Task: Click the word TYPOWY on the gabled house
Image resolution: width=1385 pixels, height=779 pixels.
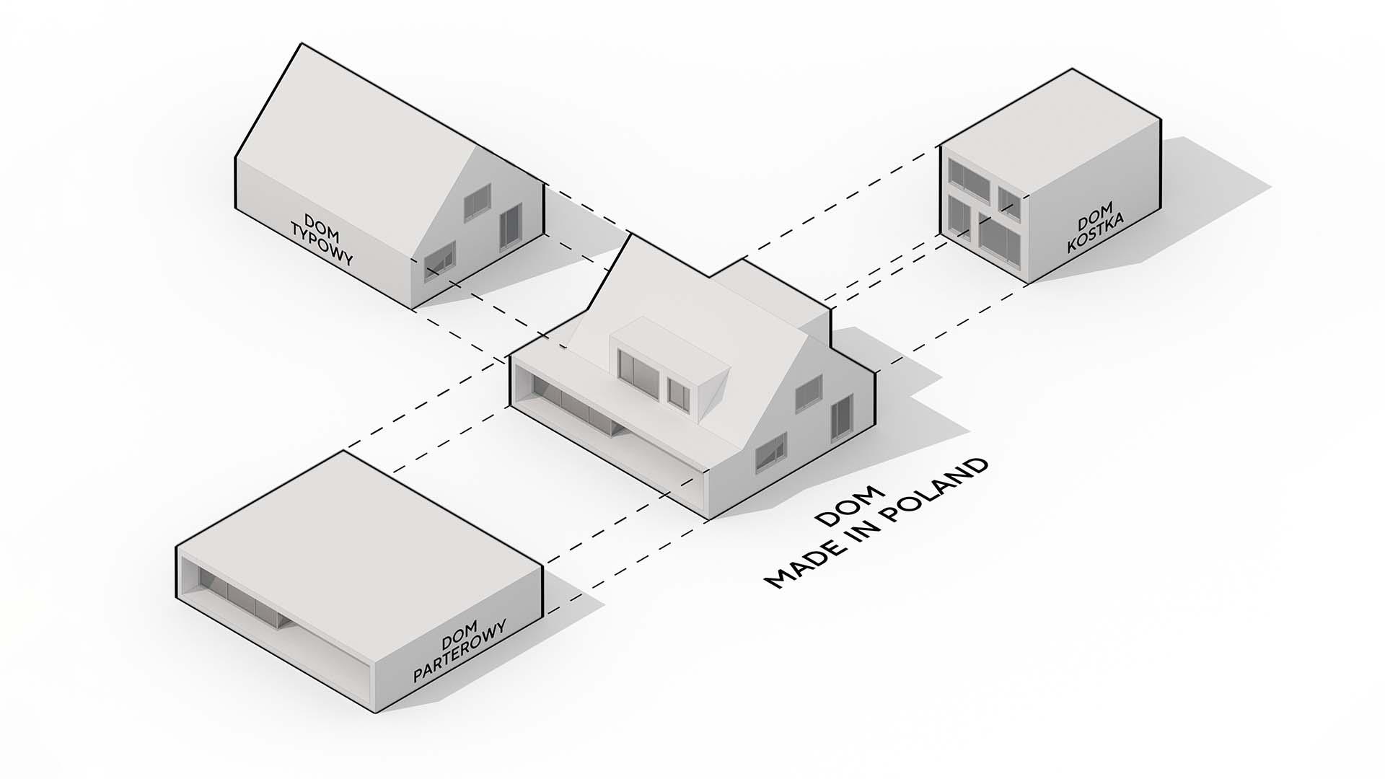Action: pyautogui.click(x=321, y=245)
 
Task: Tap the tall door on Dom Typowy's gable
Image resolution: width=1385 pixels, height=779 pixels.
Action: pyautogui.click(x=510, y=226)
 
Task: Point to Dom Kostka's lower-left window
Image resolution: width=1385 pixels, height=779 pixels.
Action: pyautogui.click(x=959, y=215)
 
